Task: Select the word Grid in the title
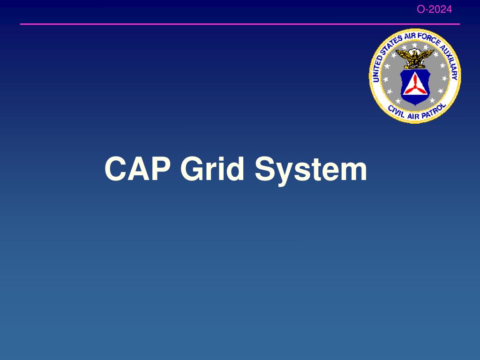point(213,169)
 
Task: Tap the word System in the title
point(311,169)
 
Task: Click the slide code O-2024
point(435,9)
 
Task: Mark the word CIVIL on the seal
point(396,111)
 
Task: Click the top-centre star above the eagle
point(414,46)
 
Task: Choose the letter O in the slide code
point(420,9)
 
